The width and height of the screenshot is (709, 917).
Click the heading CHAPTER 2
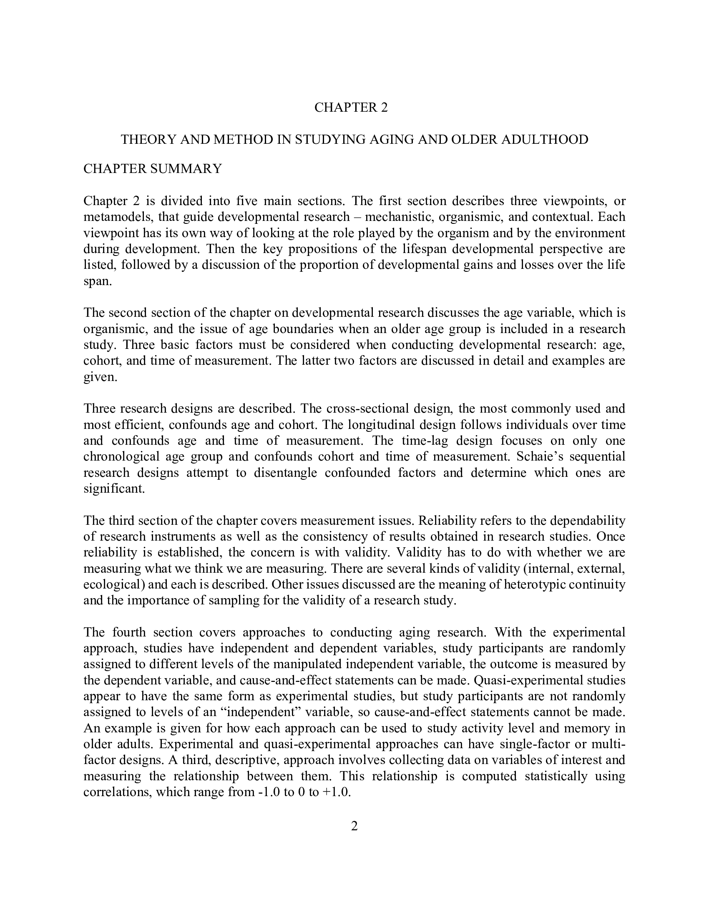351,108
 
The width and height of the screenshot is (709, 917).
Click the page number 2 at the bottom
354,826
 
